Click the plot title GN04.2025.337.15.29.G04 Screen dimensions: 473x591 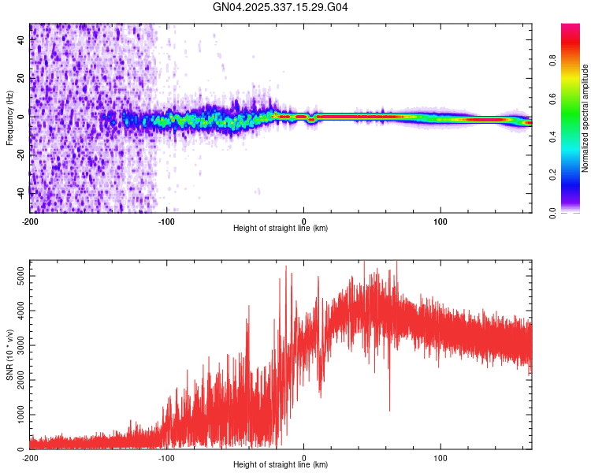(x=281, y=7)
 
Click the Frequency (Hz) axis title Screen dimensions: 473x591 (x=9, y=117)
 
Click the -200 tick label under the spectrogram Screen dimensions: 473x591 (x=30, y=220)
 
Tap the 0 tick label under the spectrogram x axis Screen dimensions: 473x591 (x=304, y=220)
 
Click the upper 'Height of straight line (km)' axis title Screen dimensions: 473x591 (x=281, y=229)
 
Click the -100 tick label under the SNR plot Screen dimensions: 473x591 (x=166, y=457)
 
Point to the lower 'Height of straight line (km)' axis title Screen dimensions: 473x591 (x=281, y=466)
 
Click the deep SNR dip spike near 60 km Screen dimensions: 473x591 (x=389, y=409)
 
